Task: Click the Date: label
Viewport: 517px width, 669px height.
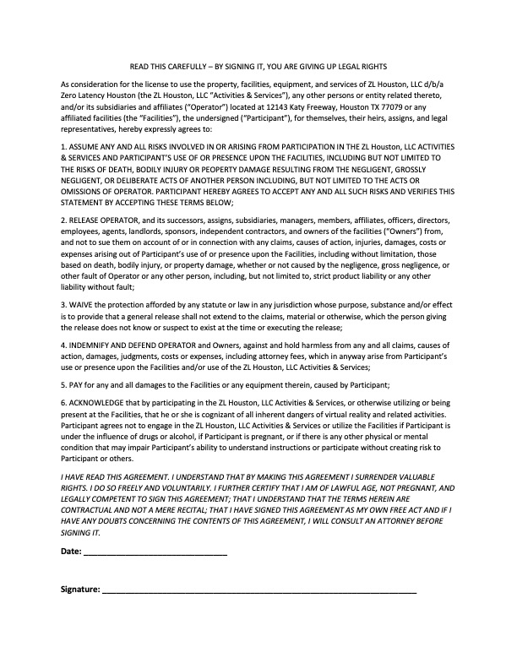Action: tap(71, 552)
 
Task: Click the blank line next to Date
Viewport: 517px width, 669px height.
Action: tap(155, 552)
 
